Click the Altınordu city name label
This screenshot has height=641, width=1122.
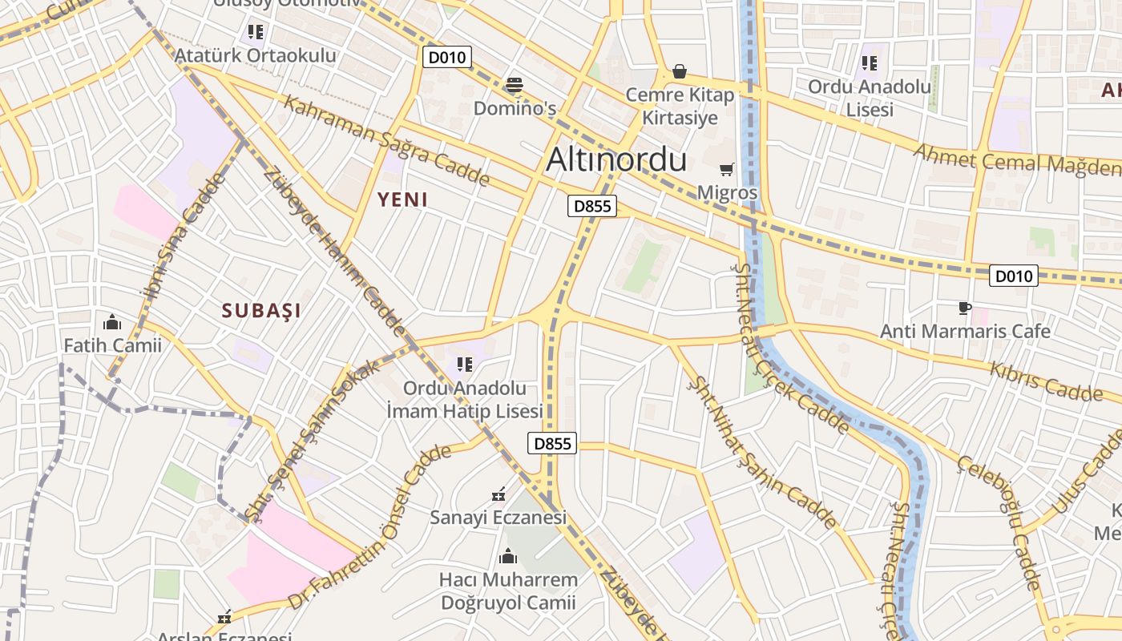point(616,160)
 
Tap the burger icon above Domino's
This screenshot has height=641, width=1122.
point(514,85)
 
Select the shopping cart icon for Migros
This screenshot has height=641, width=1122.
point(727,169)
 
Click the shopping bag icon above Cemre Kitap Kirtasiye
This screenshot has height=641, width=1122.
point(680,72)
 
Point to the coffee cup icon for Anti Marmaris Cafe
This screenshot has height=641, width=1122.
point(965,308)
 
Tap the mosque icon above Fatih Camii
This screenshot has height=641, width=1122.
point(112,322)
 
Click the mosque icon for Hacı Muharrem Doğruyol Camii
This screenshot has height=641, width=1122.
point(508,556)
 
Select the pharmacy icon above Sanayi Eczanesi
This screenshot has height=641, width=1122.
point(498,494)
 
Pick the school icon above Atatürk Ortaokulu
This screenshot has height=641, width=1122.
point(256,32)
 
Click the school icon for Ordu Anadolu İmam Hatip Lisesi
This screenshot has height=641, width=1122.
point(464,365)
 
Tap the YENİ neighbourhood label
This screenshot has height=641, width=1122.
point(402,200)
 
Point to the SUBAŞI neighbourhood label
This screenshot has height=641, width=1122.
point(261,311)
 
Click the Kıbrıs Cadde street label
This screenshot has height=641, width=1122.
point(1046,381)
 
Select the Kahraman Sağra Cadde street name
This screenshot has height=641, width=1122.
point(386,142)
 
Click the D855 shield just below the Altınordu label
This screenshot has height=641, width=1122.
point(593,206)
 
